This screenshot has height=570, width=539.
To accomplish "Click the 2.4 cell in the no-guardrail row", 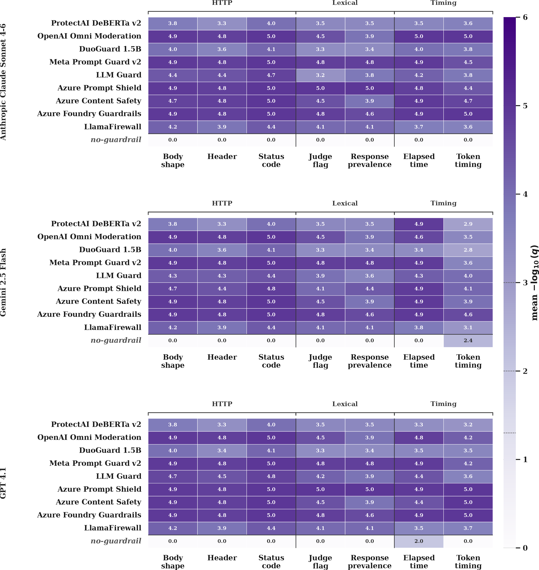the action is [x=468, y=340].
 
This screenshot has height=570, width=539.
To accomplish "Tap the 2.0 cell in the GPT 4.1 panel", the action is [x=419, y=541].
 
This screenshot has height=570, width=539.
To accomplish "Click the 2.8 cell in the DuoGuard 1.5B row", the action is [x=468, y=250].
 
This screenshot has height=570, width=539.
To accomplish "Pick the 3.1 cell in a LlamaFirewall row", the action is [x=468, y=328].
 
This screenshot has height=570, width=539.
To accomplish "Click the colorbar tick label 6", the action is [x=525, y=17].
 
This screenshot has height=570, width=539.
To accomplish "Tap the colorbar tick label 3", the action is [x=525, y=283].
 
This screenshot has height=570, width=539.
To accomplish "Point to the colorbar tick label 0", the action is [x=525, y=548].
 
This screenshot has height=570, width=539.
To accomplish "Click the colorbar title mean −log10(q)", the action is [x=534, y=283].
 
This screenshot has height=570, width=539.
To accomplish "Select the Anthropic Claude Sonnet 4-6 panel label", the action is [x=3, y=82].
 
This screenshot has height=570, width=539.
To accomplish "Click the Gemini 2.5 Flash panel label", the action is [x=3, y=282].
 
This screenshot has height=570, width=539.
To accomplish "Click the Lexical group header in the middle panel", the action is [x=345, y=203].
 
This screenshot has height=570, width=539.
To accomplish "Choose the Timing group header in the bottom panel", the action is [x=443, y=404].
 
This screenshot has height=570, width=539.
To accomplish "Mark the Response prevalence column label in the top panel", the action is [x=369, y=161].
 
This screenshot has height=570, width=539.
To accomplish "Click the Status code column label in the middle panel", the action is [x=271, y=361].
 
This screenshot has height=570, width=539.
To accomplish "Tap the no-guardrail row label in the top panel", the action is [x=116, y=140].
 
